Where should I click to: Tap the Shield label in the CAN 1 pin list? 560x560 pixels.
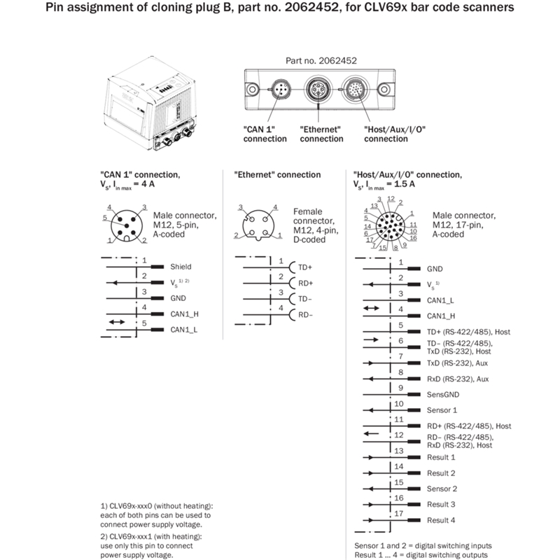[x=181, y=267]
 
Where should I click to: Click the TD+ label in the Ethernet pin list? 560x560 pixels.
[x=305, y=267]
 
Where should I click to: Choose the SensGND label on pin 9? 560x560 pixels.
[x=443, y=394]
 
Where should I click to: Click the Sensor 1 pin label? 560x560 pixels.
[x=442, y=409]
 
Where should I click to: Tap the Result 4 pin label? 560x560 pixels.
[x=441, y=520]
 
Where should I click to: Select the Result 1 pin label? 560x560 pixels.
[x=441, y=457]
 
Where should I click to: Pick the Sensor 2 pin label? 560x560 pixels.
[x=442, y=489]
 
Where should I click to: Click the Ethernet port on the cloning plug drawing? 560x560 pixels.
[x=320, y=90]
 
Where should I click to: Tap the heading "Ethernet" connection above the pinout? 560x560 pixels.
[x=277, y=175]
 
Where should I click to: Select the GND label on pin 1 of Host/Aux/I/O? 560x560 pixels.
[x=435, y=268]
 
